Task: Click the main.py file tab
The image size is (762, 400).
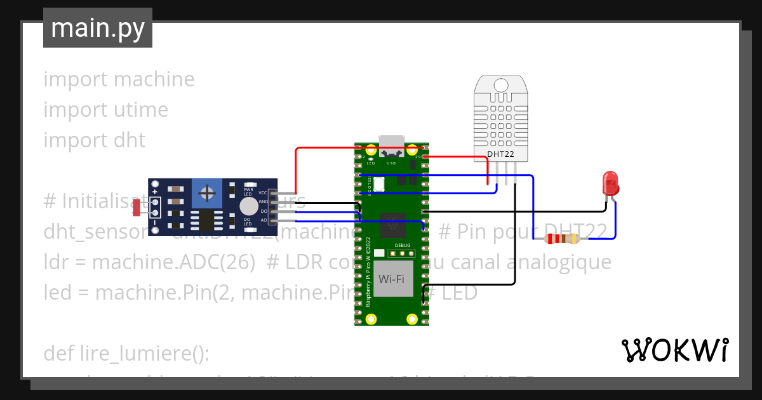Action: click(98, 28)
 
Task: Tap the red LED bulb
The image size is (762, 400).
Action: click(610, 183)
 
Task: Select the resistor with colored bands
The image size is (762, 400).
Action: click(563, 239)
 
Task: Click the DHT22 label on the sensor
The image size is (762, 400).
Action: click(501, 154)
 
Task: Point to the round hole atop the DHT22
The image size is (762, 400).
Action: click(501, 85)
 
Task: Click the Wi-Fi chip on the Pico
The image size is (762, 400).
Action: click(392, 279)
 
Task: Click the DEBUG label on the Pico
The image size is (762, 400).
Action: click(403, 245)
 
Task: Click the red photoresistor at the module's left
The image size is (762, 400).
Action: click(137, 206)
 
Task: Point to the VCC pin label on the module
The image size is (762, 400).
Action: click(263, 192)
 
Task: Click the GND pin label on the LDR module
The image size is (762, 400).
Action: click(263, 202)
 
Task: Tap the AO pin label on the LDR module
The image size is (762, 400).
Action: click(264, 220)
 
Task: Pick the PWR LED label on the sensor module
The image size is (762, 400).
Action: click(248, 191)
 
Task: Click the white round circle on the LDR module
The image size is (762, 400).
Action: click(248, 206)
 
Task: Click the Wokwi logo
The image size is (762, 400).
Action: click(675, 350)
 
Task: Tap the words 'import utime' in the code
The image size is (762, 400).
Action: click(105, 110)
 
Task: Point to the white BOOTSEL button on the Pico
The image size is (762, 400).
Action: click(380, 184)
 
